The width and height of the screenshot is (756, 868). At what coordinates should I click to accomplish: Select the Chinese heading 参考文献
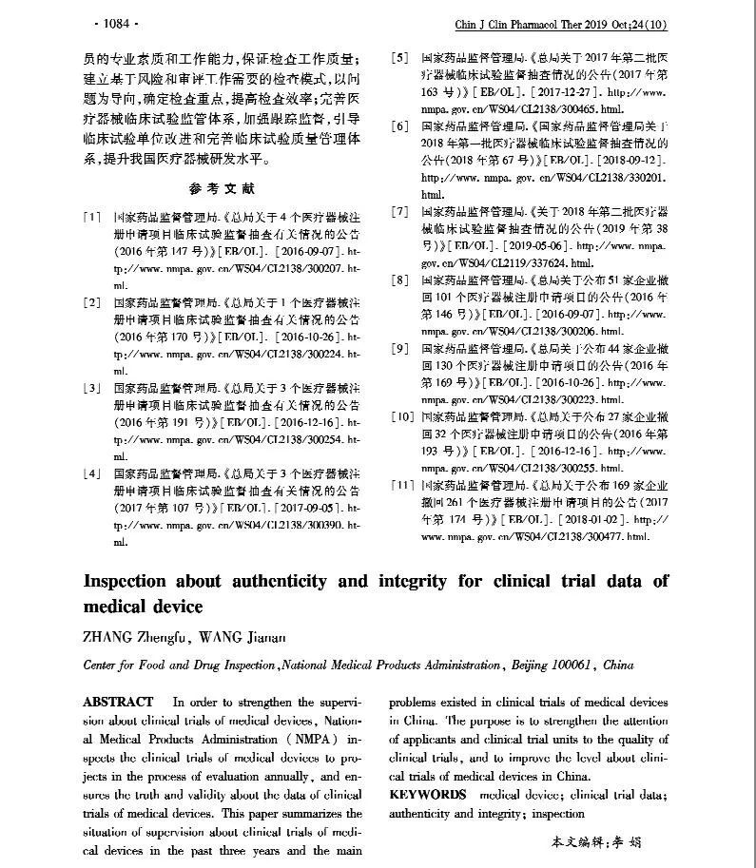point(223,188)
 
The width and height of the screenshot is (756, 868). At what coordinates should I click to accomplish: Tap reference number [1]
point(92,219)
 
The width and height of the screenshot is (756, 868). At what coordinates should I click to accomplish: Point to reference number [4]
point(92,473)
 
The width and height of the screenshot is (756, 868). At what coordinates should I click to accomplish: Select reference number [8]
point(400,280)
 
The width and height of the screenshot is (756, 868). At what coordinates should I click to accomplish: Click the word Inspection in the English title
point(139,580)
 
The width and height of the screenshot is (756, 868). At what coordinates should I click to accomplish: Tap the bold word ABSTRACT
point(118,702)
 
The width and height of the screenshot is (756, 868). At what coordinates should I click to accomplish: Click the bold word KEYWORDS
point(428,794)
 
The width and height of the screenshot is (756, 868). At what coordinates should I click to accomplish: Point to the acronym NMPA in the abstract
point(288,739)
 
